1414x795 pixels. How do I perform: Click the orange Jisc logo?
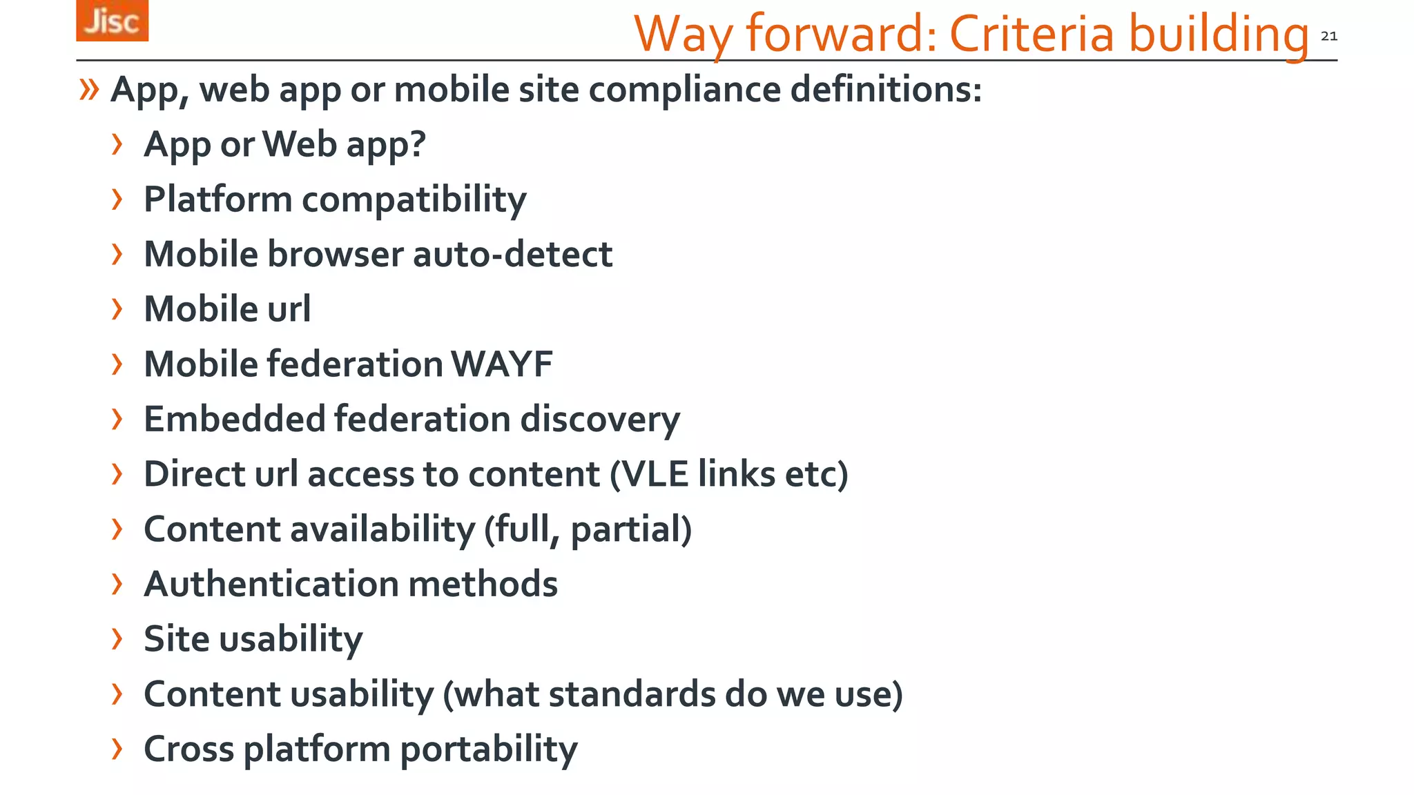click(112, 21)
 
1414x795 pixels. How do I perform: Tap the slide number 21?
click(1328, 37)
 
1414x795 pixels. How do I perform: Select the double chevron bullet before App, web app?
click(89, 89)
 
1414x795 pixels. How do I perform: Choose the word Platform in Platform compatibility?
click(217, 199)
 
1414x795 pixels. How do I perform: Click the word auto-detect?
click(512, 254)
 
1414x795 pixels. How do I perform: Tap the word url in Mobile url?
click(289, 308)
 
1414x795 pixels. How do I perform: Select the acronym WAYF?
click(502, 364)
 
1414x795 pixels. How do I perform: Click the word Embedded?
click(234, 419)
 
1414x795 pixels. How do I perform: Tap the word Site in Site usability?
click(176, 639)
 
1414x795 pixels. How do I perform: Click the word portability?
click(489, 749)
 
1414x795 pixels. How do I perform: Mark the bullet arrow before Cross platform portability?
click(117, 748)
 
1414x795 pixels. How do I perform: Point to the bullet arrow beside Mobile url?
click(117, 308)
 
